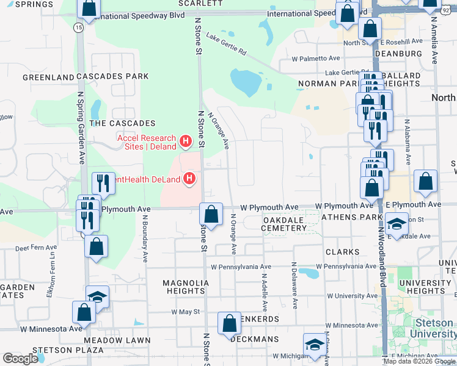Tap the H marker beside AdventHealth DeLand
pyautogui.click(x=190, y=179)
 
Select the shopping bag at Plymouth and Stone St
pyautogui.click(x=211, y=214)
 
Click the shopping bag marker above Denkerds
pyautogui.click(x=229, y=323)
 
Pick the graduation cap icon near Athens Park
pyautogui.click(x=397, y=224)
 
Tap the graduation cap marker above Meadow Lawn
pyautogui.click(x=97, y=297)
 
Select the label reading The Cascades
pyautogui.click(x=122, y=123)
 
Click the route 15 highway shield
pyautogui.click(x=78, y=27)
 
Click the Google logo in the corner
pyautogui.click(x=20, y=358)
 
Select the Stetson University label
pyautogui.click(x=434, y=328)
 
